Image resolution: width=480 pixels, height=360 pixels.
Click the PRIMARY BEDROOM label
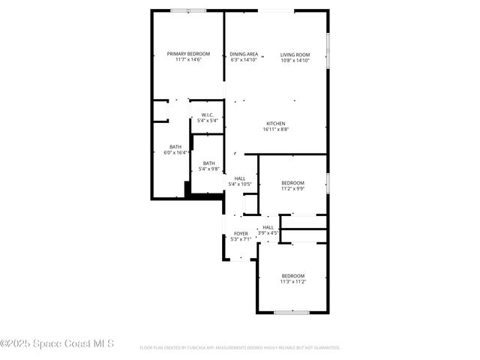pos(188,54)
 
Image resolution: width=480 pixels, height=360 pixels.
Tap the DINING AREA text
pos(244,54)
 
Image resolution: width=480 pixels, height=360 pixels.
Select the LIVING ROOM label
pos(295,54)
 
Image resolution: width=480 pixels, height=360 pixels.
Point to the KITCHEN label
pos(276,124)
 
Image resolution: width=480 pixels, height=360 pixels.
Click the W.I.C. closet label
pos(208,115)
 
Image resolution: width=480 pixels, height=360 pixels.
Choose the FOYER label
pos(241,233)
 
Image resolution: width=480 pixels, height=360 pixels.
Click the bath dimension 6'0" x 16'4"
pos(175,153)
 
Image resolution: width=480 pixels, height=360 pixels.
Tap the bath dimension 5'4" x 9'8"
pos(208,169)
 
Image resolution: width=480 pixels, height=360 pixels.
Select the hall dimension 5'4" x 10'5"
pos(240,184)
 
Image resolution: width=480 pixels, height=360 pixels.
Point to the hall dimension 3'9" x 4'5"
pos(268,233)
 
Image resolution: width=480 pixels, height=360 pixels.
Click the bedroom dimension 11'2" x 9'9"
pos(292,189)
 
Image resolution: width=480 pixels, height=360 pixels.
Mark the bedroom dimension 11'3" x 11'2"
pos(292,281)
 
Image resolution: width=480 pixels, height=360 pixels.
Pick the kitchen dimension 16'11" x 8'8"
pos(276,130)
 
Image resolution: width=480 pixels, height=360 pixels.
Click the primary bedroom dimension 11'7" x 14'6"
pos(188,60)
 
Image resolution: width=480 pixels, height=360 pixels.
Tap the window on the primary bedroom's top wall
pos(188,10)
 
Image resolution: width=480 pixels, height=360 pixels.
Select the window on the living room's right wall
pos(328,49)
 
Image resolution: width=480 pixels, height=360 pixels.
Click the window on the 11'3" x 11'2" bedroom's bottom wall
pos(291,312)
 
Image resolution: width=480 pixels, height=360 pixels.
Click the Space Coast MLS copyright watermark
pos(57,344)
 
